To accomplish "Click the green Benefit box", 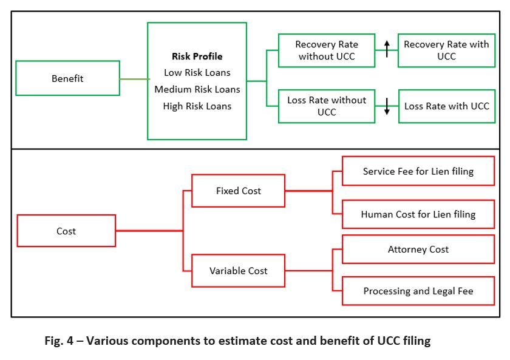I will click(x=67, y=78).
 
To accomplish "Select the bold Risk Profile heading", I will click(x=197, y=56).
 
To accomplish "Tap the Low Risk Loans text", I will click(x=197, y=73).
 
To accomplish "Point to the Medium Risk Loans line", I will click(x=197, y=89).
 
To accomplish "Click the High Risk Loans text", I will click(x=197, y=106).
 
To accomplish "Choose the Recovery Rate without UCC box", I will click(x=327, y=50).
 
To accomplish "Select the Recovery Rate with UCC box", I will click(x=446, y=50).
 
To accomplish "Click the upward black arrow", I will click(x=387, y=49).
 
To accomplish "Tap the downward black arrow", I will click(x=387, y=106).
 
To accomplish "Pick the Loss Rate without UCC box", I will click(x=327, y=106).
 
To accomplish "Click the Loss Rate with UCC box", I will click(x=446, y=106).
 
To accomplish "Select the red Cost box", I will click(x=66, y=231).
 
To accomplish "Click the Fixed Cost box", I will click(x=238, y=191).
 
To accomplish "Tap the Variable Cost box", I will click(x=238, y=271).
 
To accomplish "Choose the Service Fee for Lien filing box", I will click(x=418, y=171).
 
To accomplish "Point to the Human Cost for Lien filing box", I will click(x=418, y=214).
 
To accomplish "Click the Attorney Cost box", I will click(x=418, y=249).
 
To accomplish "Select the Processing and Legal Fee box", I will click(x=418, y=291).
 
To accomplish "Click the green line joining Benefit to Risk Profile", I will click(x=134, y=79).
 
